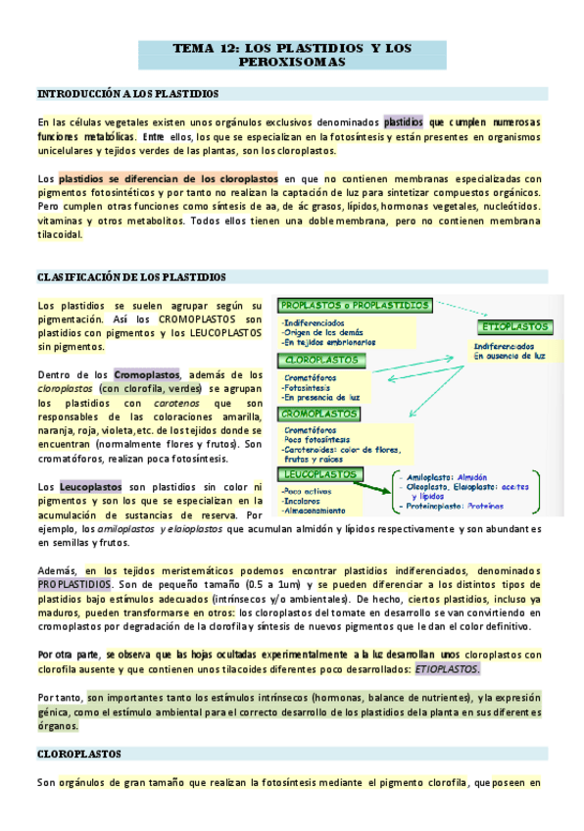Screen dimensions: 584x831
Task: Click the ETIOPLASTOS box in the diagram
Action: (x=512, y=326)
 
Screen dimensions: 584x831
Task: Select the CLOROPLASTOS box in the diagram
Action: (x=317, y=360)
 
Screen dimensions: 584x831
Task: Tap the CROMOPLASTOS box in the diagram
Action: (x=319, y=414)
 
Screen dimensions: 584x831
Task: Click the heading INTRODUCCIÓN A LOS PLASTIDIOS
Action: (x=127, y=94)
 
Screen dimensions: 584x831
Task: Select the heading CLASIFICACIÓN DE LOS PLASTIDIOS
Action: (x=131, y=277)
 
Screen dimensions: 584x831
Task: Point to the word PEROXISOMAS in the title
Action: (x=292, y=63)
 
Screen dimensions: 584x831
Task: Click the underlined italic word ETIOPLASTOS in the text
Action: (x=447, y=668)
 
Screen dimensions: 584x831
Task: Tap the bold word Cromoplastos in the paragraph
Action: (x=147, y=374)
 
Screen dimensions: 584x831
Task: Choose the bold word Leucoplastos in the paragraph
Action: (x=90, y=486)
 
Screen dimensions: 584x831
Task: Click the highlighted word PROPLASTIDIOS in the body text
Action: (x=74, y=584)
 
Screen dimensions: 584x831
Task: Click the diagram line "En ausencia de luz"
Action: (x=510, y=357)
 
